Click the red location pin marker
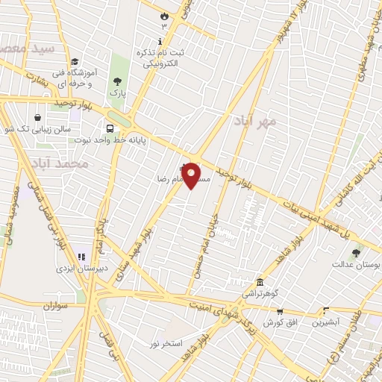[192, 175]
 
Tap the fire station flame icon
[164, 15]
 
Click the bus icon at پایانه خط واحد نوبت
[110, 128]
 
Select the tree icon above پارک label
[116, 81]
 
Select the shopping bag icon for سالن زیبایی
[37, 116]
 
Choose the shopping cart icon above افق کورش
[280, 312]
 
